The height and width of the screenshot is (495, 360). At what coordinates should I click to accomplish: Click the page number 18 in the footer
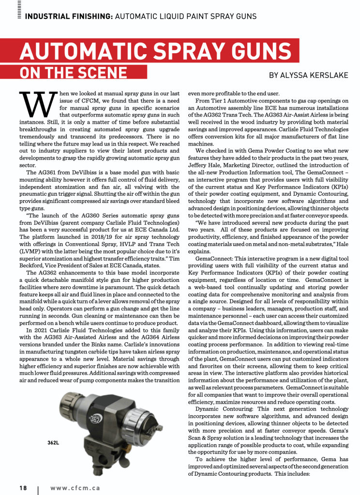[23, 488]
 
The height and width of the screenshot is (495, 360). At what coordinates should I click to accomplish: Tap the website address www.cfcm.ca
[75, 488]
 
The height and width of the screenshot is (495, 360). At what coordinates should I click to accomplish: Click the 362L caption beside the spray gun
[54, 442]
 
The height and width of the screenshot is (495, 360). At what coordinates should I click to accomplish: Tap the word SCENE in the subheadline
[99, 73]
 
